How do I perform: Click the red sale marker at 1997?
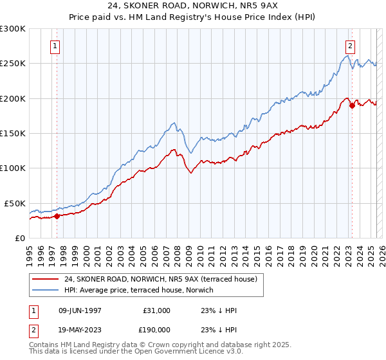[x=57, y=216]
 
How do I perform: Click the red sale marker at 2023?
[x=352, y=106]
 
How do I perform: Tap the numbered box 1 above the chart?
[x=56, y=46]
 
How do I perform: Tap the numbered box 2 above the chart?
[x=351, y=46]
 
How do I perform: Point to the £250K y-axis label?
[x=13, y=64]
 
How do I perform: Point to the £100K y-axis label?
[x=13, y=168]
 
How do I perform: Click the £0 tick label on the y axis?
[x=19, y=238]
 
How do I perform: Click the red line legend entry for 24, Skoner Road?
[x=160, y=279]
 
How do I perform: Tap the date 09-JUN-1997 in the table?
[x=80, y=310]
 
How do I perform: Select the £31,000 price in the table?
[x=156, y=310]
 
